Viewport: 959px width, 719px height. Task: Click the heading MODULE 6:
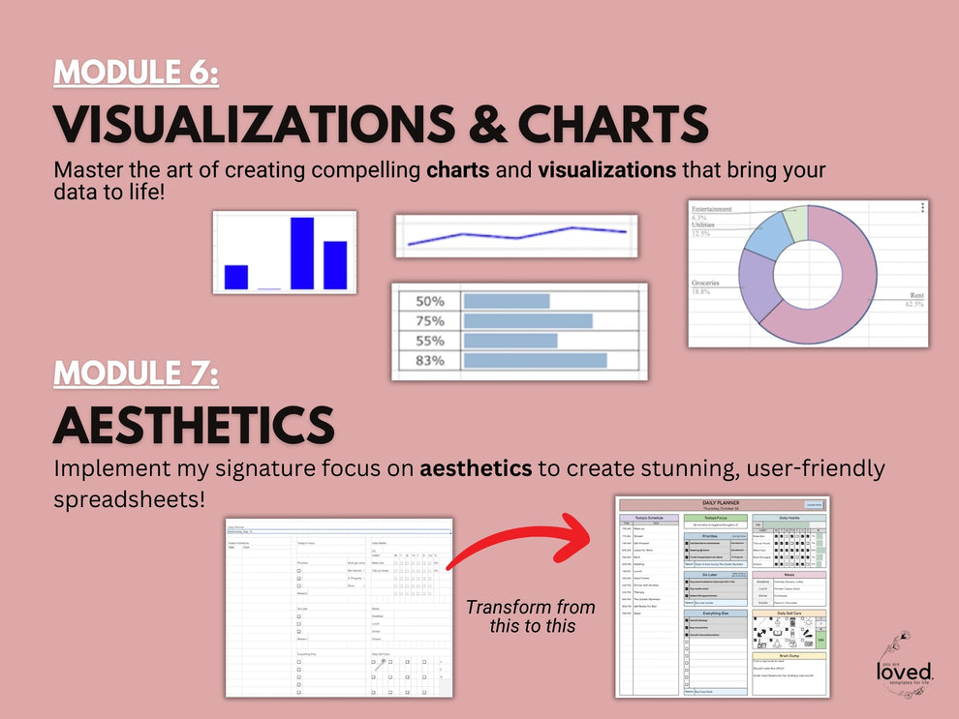[137, 73]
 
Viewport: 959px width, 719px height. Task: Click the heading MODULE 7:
[137, 373]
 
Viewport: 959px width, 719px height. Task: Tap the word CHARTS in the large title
[612, 124]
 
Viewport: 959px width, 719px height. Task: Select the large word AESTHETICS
[194, 425]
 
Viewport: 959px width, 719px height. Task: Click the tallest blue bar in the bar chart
[302, 253]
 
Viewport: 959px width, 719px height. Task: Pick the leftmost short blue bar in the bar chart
[236, 277]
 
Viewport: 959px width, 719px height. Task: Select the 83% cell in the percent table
[429, 360]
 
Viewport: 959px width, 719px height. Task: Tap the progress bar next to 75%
[528, 320]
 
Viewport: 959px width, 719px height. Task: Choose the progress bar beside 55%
[510, 341]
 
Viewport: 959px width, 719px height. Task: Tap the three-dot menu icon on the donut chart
[922, 207]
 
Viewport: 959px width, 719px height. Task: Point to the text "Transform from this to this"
[529, 615]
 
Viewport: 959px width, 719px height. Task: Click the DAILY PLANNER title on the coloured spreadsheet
[722, 503]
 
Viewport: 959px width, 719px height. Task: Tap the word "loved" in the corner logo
[904, 671]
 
